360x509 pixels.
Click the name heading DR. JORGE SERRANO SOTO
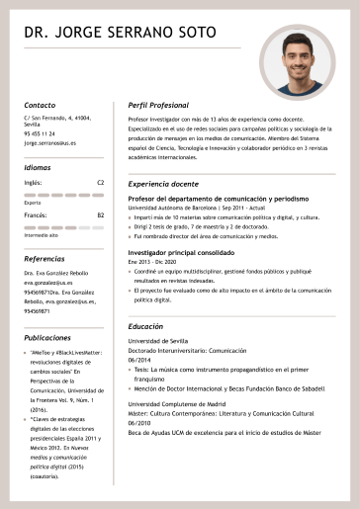pos(120,33)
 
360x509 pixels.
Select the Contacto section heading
pos(40,104)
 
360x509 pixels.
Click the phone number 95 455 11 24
pos(40,133)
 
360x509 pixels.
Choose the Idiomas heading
pos(38,167)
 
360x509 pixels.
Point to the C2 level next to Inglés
pos(100,183)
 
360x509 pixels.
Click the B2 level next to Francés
pos(100,214)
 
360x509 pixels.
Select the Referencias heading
pos(44,258)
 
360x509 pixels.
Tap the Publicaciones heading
pos(46,337)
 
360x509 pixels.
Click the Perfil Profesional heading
pos(158,104)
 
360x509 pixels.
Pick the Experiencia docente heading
pos(163,184)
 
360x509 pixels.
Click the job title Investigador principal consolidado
pos(181,253)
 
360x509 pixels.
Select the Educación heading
pos(145,326)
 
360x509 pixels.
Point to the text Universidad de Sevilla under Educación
pos(157,341)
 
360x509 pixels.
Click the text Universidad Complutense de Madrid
pos(176,403)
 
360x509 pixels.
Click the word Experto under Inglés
pos(33,202)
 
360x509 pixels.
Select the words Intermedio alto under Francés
pos(41,235)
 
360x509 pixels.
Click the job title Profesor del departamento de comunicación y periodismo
pos(211,200)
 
